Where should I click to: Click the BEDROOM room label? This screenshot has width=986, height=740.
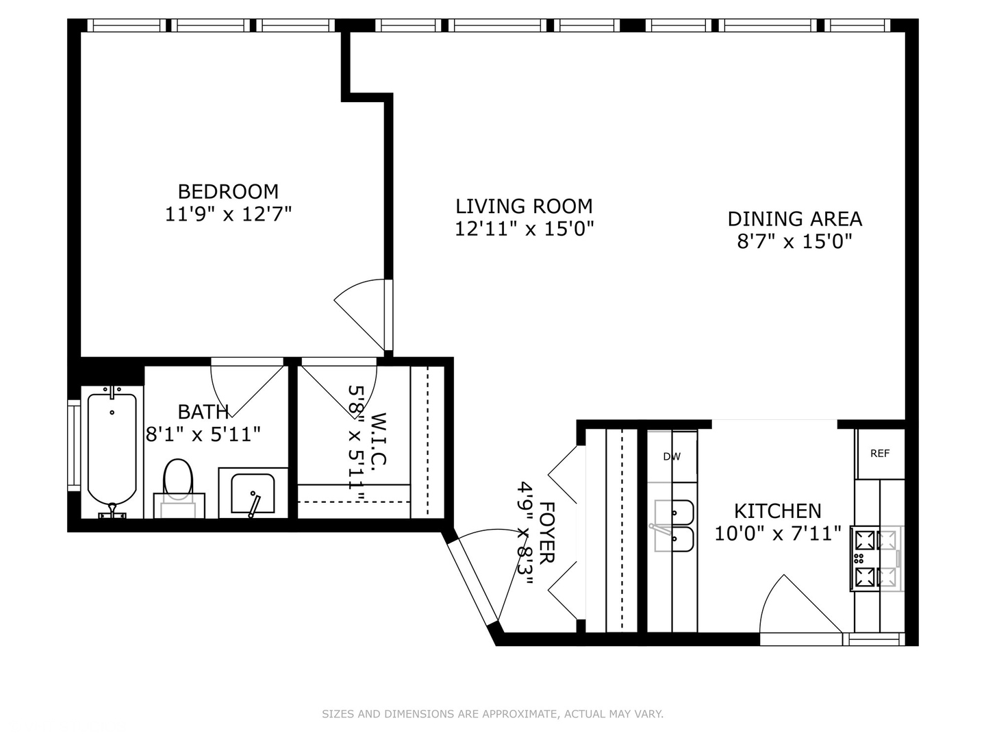point(228,191)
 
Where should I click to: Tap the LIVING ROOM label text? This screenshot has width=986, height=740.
point(524,206)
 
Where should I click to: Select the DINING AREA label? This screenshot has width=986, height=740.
point(794,219)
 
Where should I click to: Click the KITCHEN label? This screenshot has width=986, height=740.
point(777,511)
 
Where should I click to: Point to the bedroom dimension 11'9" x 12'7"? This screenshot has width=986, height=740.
point(228,214)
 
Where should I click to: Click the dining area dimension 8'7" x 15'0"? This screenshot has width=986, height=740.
point(794,241)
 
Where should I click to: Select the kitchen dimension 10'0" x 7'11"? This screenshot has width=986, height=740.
point(777,533)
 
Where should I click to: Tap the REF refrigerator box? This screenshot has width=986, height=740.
point(880,454)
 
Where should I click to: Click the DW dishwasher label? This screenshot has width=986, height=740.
point(672,456)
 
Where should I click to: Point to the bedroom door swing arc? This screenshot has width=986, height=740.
point(359,312)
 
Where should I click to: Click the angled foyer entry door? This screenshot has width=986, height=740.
point(473,582)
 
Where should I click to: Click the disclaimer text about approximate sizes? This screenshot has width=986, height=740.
point(492,714)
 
